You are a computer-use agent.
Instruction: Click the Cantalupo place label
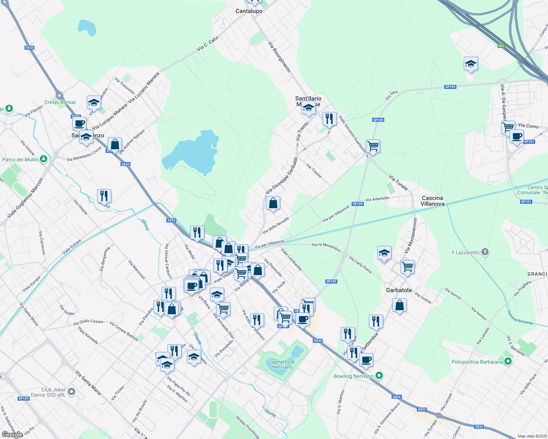(x=249, y=11)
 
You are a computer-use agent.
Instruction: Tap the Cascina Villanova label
(x=432, y=201)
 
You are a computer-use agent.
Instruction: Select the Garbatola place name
(x=399, y=290)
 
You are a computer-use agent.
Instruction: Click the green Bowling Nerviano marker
(x=379, y=375)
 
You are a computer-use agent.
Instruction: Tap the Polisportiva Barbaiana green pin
(x=508, y=361)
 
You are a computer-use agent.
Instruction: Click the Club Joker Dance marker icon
(x=71, y=392)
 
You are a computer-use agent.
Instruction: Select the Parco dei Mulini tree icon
(x=44, y=159)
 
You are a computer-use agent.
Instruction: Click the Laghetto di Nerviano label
(x=282, y=364)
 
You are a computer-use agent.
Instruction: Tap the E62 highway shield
(x=501, y=46)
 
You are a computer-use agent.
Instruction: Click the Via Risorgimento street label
(x=279, y=57)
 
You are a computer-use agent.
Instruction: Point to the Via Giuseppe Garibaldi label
(x=281, y=176)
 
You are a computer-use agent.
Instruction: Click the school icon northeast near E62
(x=470, y=64)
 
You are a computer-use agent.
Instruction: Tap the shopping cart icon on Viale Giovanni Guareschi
(x=373, y=146)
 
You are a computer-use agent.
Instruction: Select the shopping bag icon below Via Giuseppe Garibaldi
(x=273, y=203)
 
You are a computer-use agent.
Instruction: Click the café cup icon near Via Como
(x=516, y=136)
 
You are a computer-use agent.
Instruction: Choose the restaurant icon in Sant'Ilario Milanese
(x=329, y=119)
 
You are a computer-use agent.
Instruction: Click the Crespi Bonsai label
(x=60, y=102)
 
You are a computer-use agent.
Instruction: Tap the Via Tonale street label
(x=399, y=183)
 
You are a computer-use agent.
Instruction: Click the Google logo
(x=12, y=435)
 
